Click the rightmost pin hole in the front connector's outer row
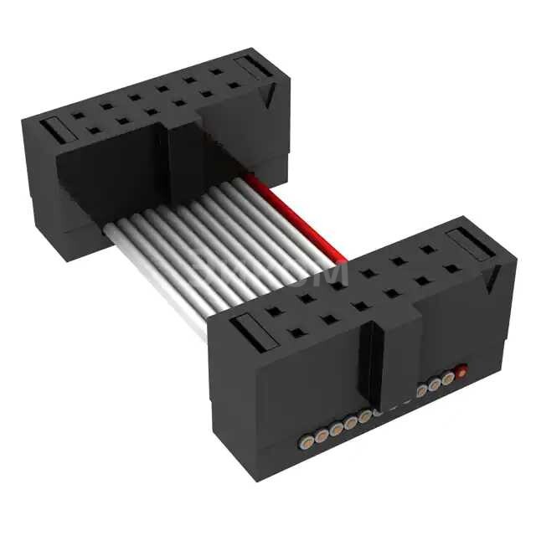point(452,269)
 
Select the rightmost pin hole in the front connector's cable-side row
point(428,250)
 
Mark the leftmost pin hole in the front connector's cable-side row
point(273,312)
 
